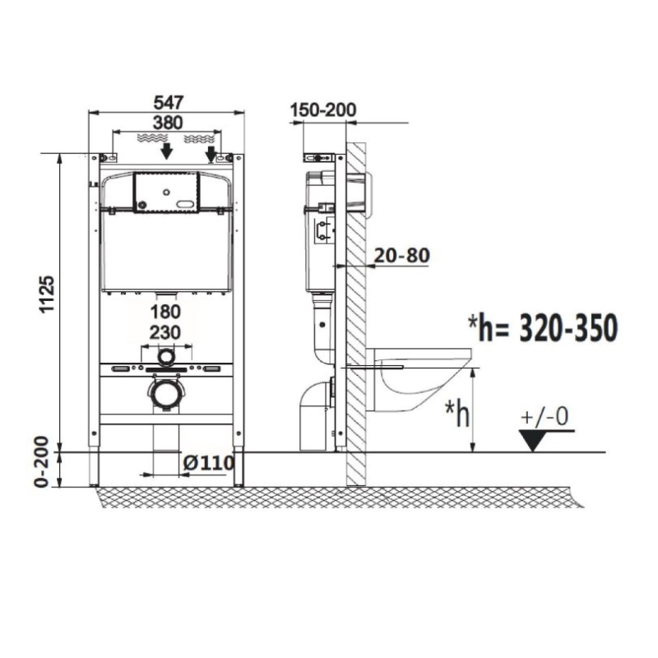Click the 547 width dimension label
(169, 103)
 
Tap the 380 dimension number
(168, 123)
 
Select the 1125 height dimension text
(48, 294)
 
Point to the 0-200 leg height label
(42, 462)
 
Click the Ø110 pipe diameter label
(209, 463)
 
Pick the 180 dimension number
(166, 313)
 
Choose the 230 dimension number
(165, 333)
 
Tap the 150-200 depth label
(323, 110)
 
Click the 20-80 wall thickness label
(401, 255)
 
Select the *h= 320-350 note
(543, 327)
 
